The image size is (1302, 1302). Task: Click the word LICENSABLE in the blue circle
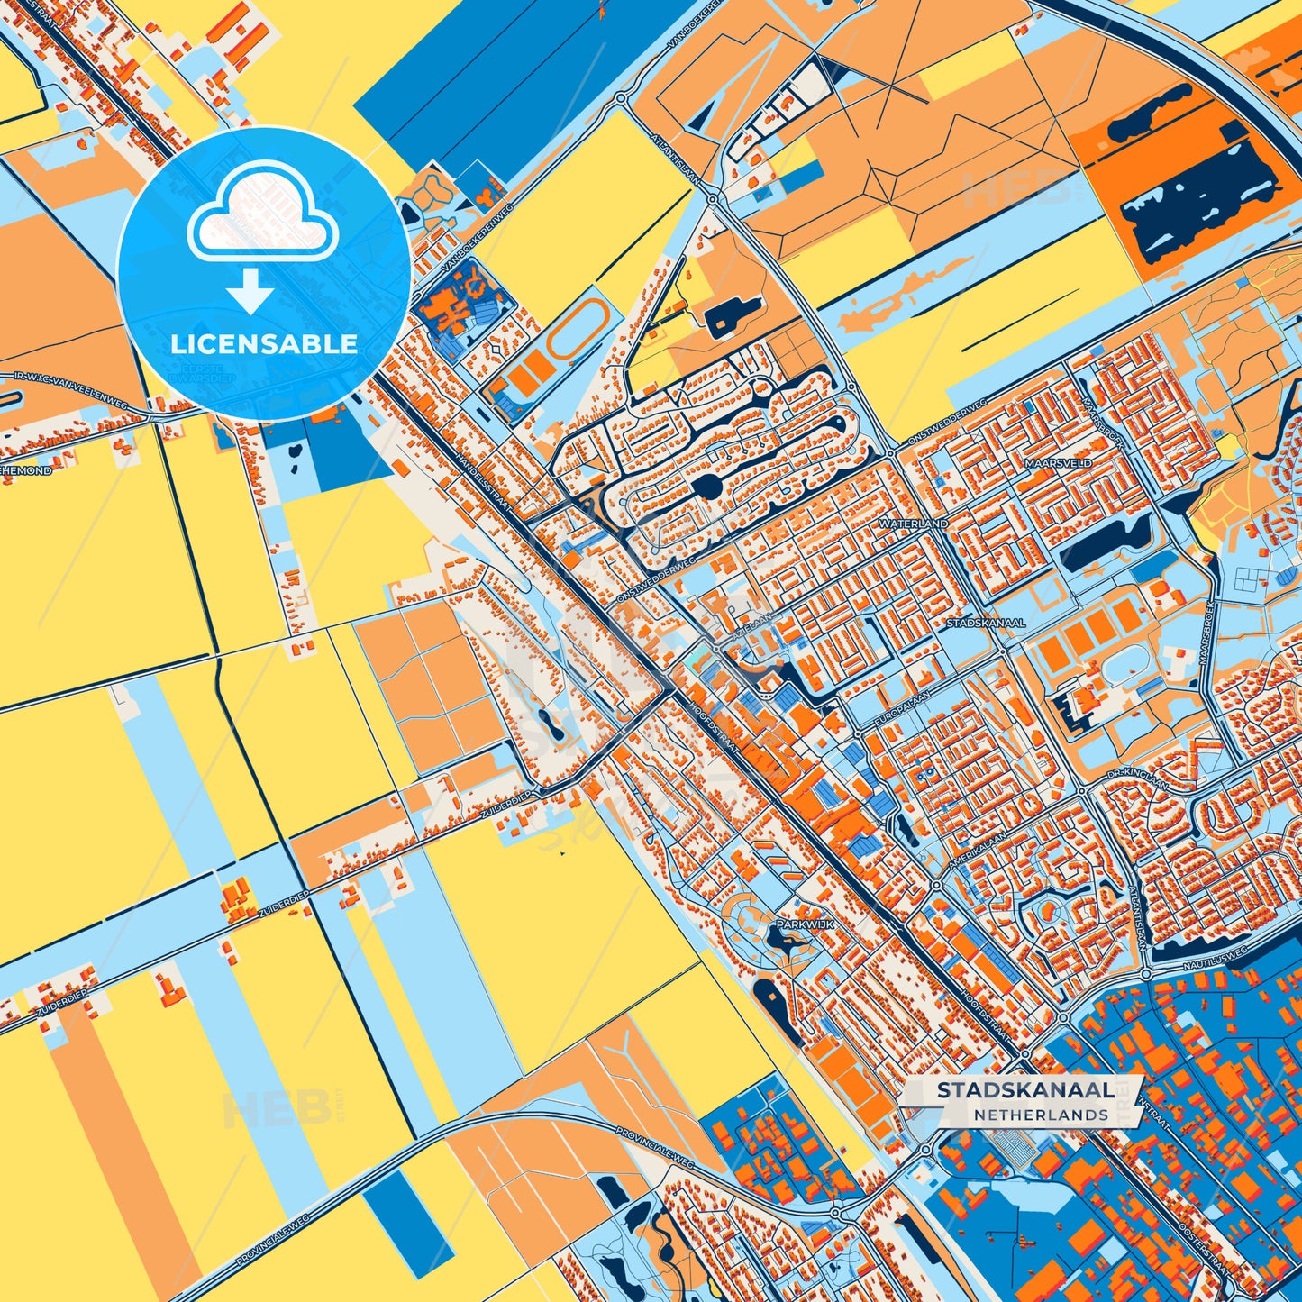264,344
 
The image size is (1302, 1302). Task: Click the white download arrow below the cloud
250,291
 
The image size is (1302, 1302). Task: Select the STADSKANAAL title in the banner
1024,1089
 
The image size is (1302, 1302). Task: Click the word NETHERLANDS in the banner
1040,1115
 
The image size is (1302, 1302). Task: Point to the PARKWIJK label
805,924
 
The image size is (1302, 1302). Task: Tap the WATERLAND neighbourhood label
912,524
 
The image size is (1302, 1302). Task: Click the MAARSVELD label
1057,463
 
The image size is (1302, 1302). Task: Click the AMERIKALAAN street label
977,851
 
